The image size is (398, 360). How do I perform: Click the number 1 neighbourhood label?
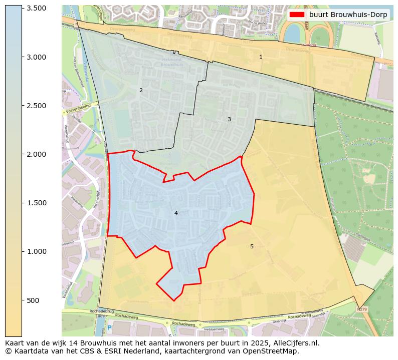pos(261,57)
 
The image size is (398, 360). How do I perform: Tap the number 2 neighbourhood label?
pos(141,91)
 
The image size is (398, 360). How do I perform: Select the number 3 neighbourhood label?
pos(229,120)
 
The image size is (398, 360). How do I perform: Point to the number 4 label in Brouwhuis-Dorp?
pos(176,213)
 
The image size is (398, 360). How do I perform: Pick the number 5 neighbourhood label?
pos(252,247)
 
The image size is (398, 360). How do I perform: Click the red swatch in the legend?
pos(297,15)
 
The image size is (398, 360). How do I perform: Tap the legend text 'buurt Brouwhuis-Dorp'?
pos(348,15)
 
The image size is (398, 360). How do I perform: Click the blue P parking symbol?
pos(109,328)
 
